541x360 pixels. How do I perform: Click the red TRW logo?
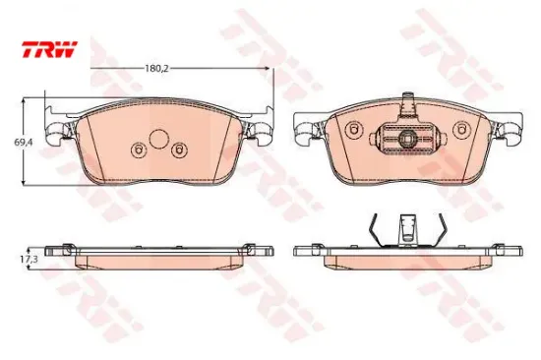(50, 49)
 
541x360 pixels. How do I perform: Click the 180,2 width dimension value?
(156, 68)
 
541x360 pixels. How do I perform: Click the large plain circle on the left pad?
(158, 139)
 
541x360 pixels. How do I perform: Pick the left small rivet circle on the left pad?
(140, 150)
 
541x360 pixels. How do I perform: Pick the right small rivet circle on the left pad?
(179, 150)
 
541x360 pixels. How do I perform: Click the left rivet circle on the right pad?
(354, 130)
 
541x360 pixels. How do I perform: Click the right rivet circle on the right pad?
(461, 130)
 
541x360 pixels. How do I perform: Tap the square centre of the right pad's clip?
(407, 139)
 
